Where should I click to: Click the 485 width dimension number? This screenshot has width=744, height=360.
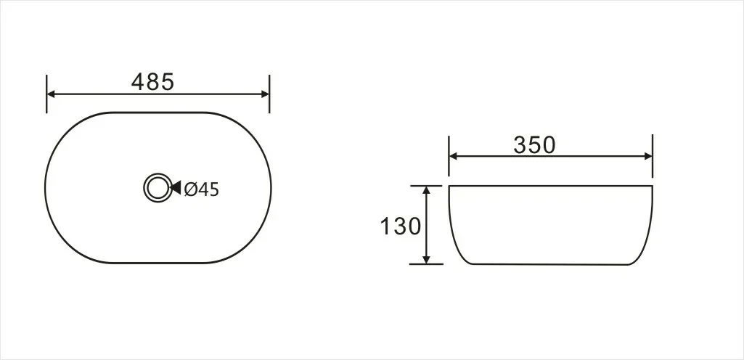[x=152, y=82]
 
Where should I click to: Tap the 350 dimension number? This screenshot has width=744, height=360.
[x=534, y=145]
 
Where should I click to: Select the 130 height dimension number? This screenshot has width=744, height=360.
[x=400, y=226]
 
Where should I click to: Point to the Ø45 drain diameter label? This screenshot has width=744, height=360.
[x=200, y=189]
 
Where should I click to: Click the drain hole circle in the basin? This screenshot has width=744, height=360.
[x=155, y=188]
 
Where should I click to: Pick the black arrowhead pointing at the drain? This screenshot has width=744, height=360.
[x=175, y=189]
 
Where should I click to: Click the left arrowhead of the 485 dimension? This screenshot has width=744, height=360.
[x=52, y=94]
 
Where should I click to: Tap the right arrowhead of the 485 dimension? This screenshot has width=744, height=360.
[x=264, y=94]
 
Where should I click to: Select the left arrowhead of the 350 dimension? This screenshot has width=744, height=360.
[x=454, y=155]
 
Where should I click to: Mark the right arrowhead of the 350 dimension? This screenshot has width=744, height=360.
[x=647, y=155]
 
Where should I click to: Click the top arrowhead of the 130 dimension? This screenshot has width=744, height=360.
[x=427, y=190]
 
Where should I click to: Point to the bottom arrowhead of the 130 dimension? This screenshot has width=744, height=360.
[x=427, y=258]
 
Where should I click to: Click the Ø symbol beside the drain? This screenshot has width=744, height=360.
[x=190, y=189]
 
